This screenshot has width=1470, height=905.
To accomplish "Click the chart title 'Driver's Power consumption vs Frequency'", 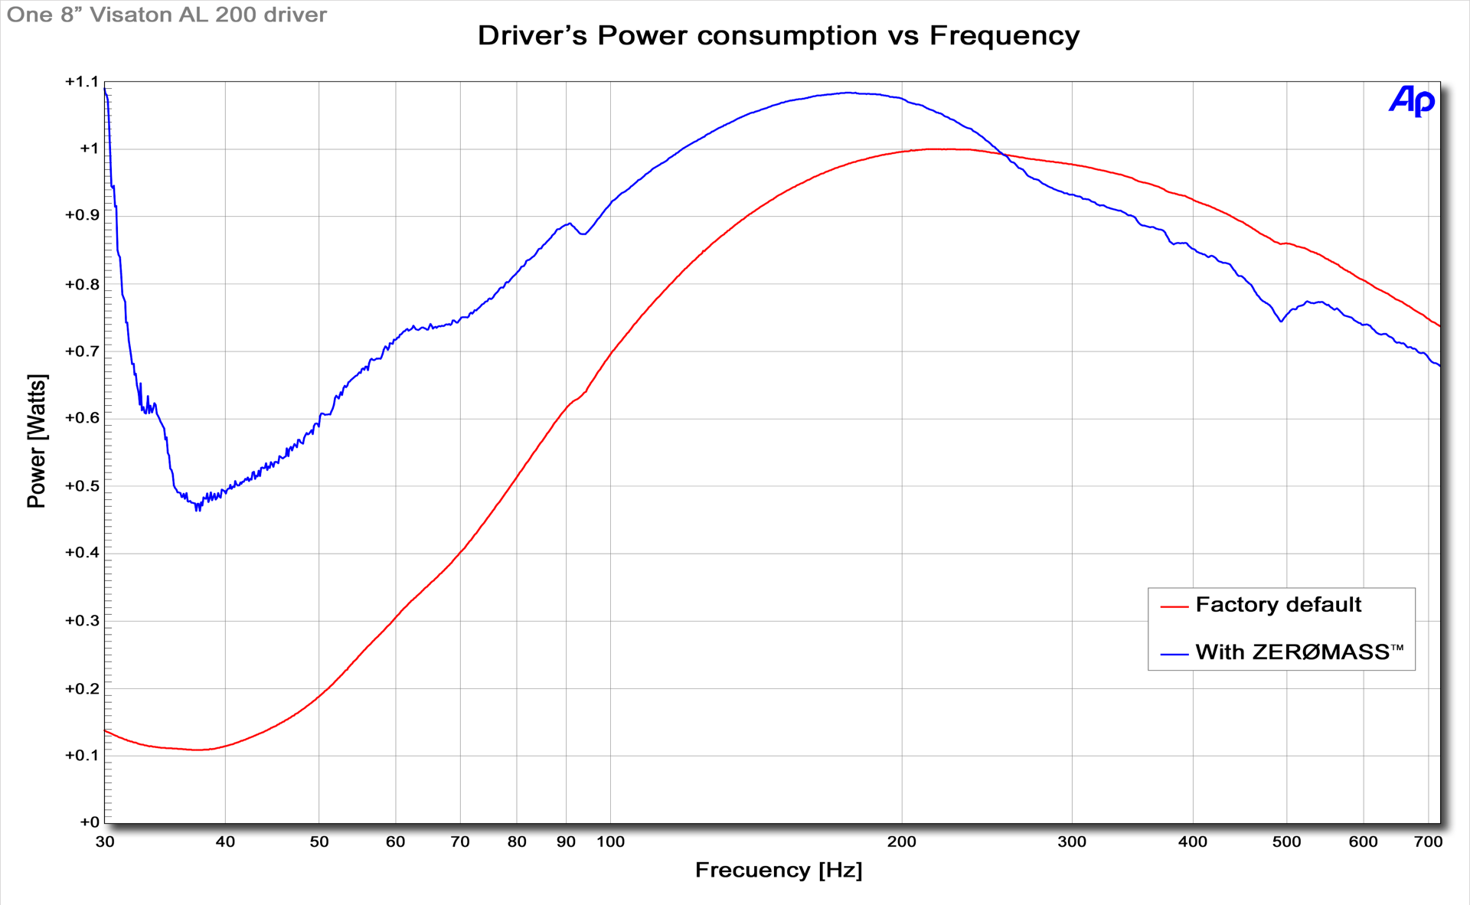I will (778, 36).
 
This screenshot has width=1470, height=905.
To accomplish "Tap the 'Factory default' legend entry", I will (1278, 605).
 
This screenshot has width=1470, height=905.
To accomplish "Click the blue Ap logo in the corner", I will (1411, 101).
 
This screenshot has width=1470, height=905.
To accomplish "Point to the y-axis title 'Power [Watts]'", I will (37, 441).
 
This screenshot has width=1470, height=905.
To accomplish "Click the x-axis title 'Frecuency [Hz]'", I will (778, 871).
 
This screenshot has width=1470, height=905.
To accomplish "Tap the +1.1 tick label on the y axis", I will (82, 82).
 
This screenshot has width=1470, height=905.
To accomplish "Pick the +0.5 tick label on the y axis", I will (82, 486).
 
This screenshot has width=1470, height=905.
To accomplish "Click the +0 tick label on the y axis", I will (90, 822).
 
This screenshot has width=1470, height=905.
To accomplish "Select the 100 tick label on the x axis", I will (610, 842).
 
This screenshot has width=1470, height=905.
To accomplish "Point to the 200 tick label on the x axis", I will (901, 842).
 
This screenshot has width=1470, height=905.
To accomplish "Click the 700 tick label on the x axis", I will (1428, 842).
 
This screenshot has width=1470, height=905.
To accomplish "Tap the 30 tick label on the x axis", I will (105, 842).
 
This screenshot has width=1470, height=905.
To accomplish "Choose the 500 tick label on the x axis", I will (1286, 842).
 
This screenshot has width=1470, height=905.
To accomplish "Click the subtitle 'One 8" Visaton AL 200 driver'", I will (167, 15).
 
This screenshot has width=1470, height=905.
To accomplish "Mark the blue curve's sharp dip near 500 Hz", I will (1281, 321).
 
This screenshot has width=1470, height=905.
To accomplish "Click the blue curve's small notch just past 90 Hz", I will (583, 234).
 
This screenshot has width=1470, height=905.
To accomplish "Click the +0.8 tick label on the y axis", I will (82, 285).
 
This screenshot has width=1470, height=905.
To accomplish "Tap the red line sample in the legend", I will (1174, 606).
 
